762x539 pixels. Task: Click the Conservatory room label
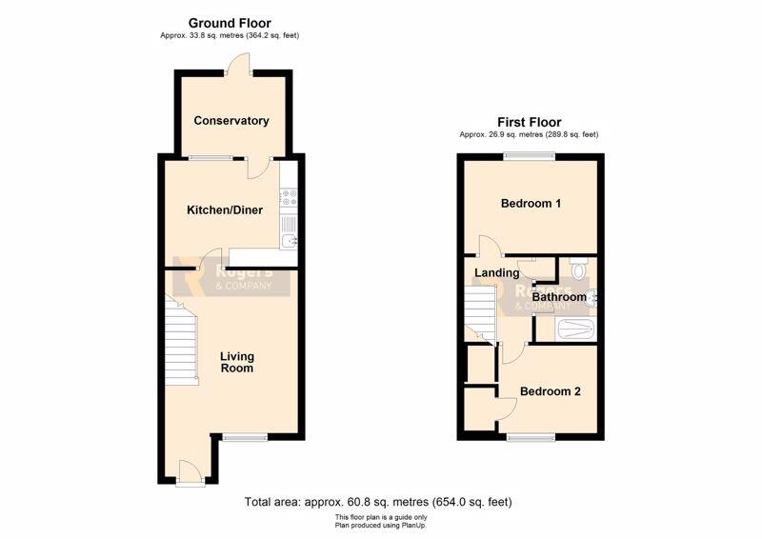(231, 121)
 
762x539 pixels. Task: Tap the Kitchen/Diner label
(225, 210)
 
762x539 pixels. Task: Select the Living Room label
(237, 362)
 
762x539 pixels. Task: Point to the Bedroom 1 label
(531, 203)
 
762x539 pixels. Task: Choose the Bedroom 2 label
(551, 391)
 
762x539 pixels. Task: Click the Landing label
(496, 273)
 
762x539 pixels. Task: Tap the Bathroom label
(559, 296)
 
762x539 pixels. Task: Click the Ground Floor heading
(230, 23)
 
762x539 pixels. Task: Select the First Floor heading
(530, 122)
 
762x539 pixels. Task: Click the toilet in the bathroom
(578, 269)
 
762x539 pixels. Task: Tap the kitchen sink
(290, 241)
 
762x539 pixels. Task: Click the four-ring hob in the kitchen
(289, 197)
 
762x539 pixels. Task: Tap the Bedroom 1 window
(530, 156)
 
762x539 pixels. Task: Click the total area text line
(378, 502)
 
